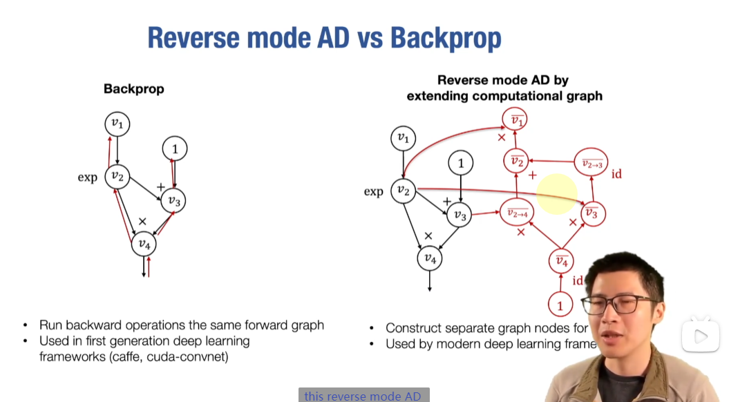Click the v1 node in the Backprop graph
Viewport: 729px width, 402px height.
pos(117,124)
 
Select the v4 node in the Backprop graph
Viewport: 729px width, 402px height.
pos(144,243)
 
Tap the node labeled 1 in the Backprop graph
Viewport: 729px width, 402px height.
pos(175,149)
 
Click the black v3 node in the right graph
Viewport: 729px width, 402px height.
pos(458,216)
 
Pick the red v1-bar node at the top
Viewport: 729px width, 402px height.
pos(515,121)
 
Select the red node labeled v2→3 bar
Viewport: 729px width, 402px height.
pos(591,163)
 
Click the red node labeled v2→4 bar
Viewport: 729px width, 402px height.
pos(518,213)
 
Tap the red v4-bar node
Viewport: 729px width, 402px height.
pos(562,262)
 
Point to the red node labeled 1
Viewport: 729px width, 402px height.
pos(560,304)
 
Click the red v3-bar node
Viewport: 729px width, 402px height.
pos(591,213)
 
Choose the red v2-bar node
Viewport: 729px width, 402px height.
pos(515,162)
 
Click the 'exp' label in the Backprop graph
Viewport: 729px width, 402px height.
pos(87,178)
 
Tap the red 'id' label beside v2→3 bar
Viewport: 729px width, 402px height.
pos(616,174)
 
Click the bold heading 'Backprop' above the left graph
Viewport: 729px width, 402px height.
pos(133,89)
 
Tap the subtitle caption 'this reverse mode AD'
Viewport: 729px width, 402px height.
pos(363,396)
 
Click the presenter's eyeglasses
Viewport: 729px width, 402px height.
pos(618,304)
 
